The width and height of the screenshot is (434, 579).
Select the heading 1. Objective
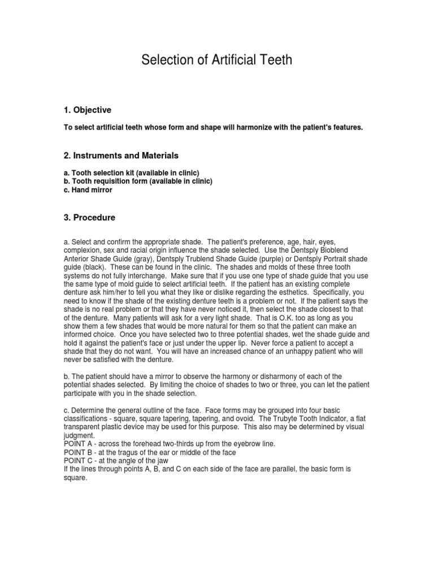point(87,110)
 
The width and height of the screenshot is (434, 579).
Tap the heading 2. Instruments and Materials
point(120,155)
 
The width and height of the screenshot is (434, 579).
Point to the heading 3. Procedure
point(89,218)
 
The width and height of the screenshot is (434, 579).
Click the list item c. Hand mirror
point(88,191)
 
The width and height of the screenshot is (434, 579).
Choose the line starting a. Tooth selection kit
point(131,172)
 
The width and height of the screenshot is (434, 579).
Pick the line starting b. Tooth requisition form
point(138,181)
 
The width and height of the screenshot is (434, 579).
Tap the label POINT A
point(80,444)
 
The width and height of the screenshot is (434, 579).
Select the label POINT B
point(80,452)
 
